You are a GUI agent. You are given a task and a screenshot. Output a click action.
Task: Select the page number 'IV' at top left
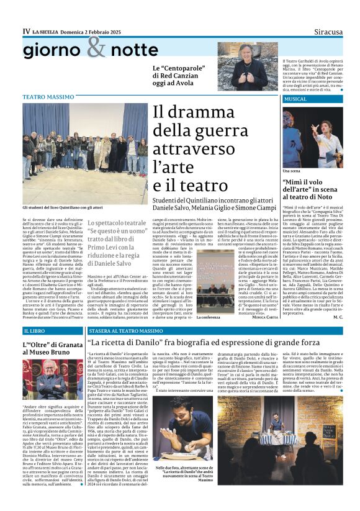(26, 30)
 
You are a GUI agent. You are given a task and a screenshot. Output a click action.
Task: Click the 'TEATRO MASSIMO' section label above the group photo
(48, 97)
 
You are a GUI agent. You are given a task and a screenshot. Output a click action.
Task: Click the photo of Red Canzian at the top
(243, 66)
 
